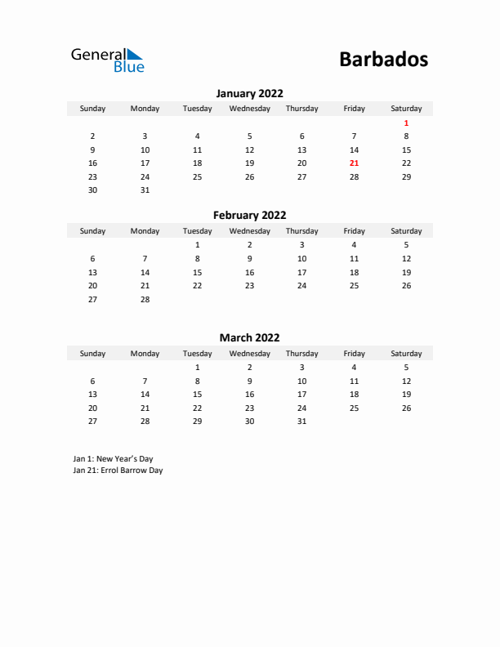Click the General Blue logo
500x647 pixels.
pyautogui.click(x=107, y=60)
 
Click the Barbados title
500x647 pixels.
pyautogui.click(x=382, y=60)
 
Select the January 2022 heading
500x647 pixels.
pyautogui.click(x=249, y=93)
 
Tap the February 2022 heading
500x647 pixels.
pyautogui.click(x=249, y=216)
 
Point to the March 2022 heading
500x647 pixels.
pyautogui.click(x=249, y=337)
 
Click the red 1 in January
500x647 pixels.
pyautogui.click(x=406, y=123)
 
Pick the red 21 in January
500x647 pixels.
pyautogui.click(x=354, y=163)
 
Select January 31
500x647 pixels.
pyautogui.click(x=145, y=190)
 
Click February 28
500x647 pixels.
pyautogui.click(x=145, y=299)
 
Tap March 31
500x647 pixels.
pyautogui.click(x=301, y=421)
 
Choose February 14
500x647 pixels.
pyautogui.click(x=145, y=272)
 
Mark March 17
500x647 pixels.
pyautogui.click(x=301, y=394)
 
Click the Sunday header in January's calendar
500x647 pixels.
pyautogui.click(x=92, y=109)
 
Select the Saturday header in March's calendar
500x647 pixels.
pyautogui.click(x=406, y=354)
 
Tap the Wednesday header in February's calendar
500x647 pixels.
pyautogui.click(x=249, y=231)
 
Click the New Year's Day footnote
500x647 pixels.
pyautogui.click(x=113, y=458)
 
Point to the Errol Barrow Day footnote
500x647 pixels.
pyautogui.click(x=118, y=471)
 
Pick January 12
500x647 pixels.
pyautogui.click(x=249, y=149)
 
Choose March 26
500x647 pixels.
pyautogui.click(x=406, y=408)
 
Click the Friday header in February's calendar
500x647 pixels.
pyautogui.click(x=354, y=231)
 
